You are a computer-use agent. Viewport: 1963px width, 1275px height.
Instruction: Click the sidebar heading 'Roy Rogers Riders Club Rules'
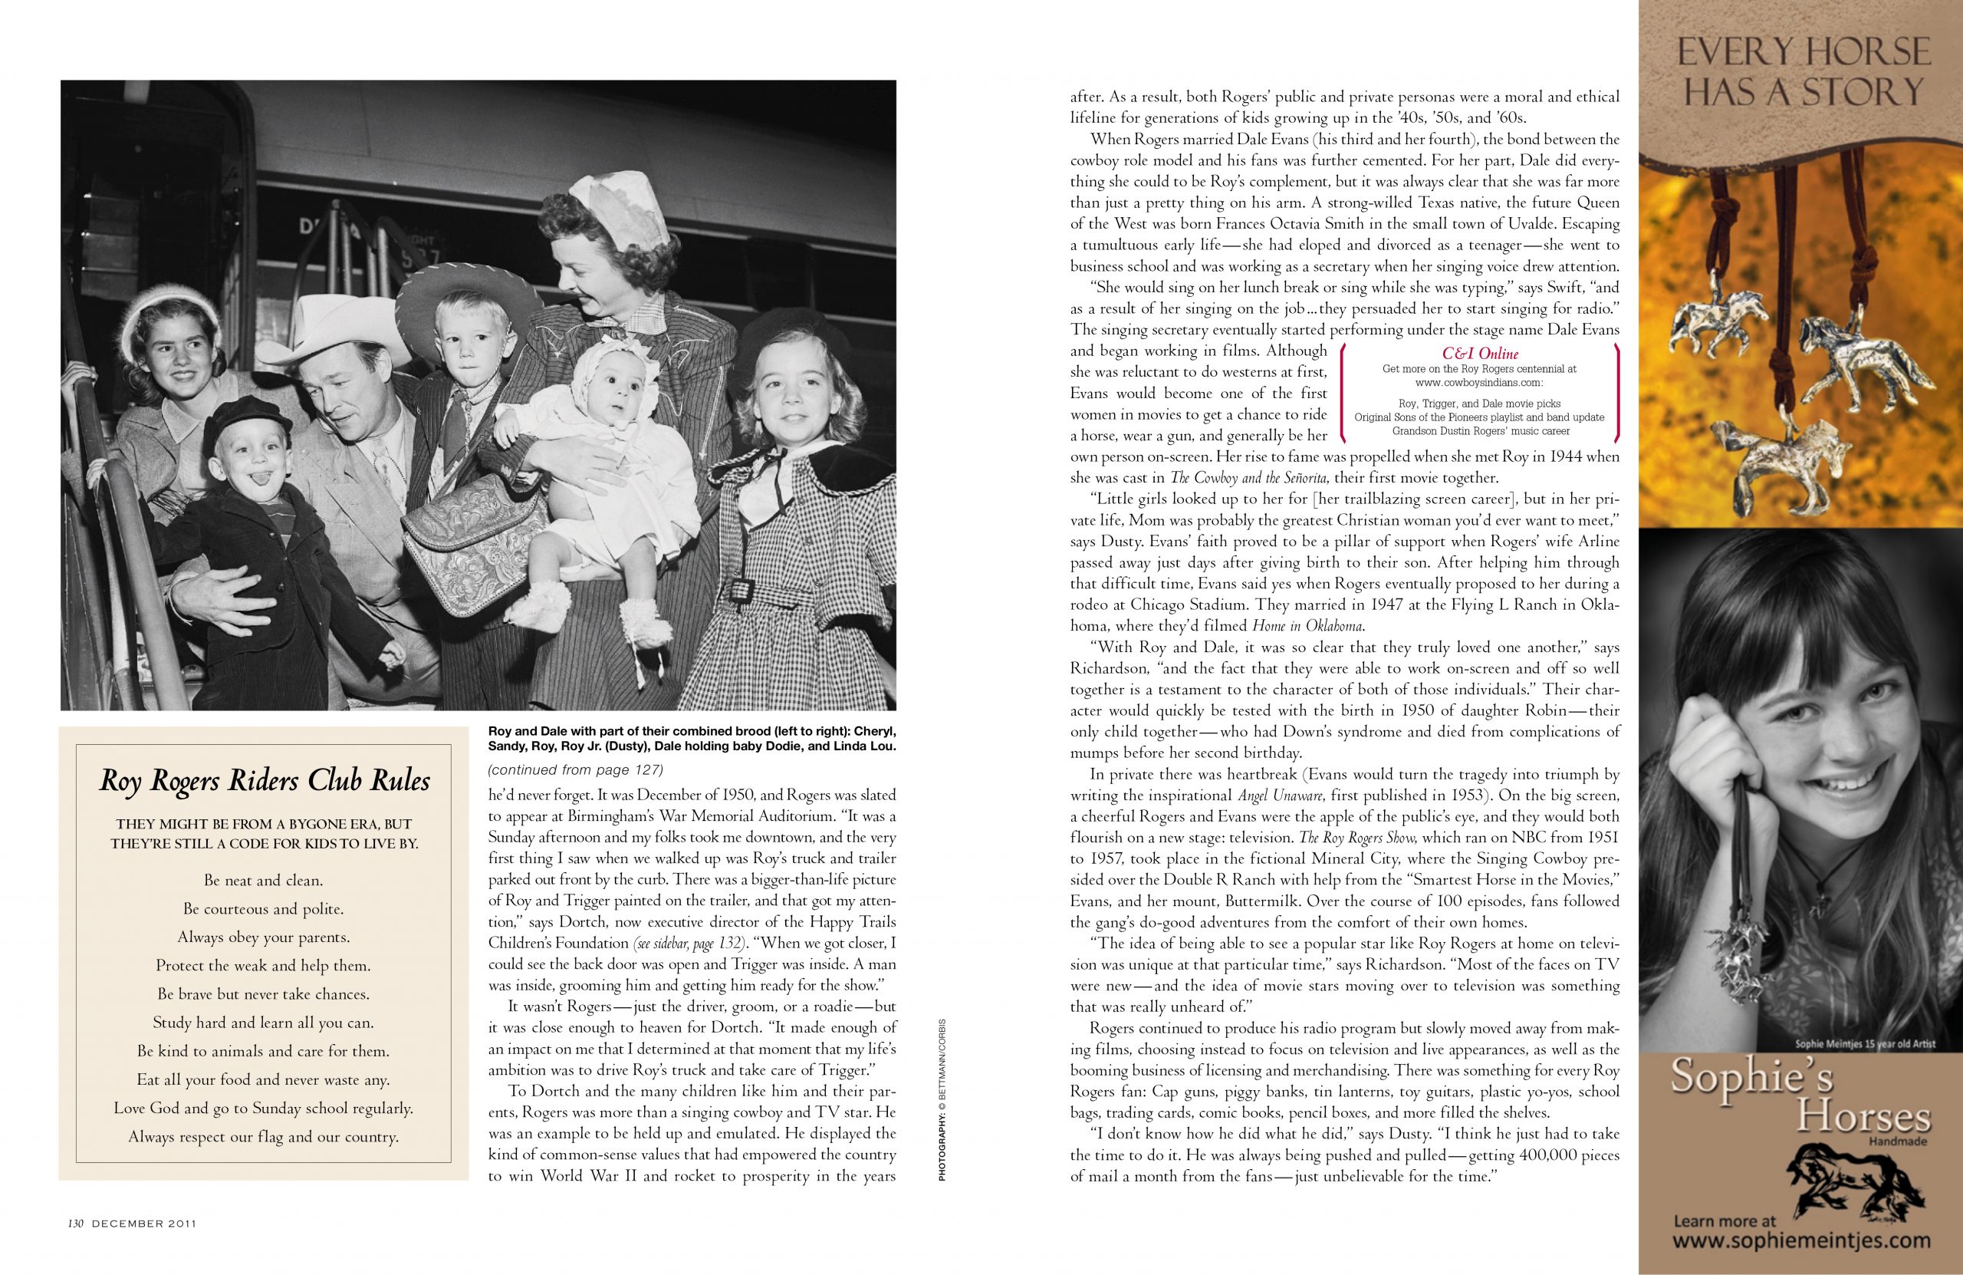coord(264,781)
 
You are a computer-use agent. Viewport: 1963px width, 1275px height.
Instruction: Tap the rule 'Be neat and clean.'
coord(263,881)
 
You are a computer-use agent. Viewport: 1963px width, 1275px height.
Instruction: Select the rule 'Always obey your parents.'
coord(263,937)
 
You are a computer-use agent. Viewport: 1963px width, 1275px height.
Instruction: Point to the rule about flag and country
coord(263,1136)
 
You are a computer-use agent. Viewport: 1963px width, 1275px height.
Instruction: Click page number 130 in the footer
coord(77,1247)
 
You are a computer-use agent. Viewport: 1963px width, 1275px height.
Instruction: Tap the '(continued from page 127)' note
coord(575,771)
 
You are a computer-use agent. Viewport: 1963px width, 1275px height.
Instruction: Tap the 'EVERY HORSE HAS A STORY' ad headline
coord(1800,73)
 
